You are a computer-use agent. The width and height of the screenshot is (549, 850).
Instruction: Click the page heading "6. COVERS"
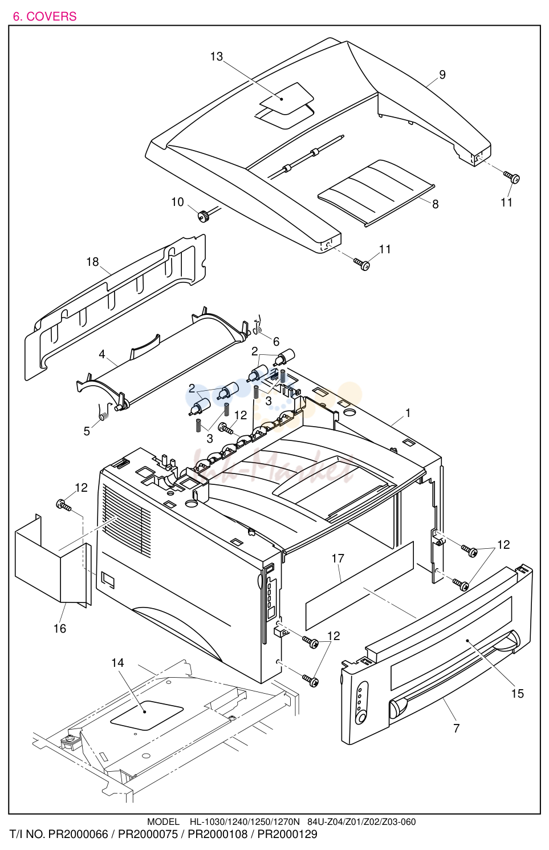click(x=44, y=17)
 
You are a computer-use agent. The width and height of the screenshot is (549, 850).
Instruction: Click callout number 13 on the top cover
click(x=217, y=56)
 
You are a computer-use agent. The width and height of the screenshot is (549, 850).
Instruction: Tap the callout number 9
click(x=442, y=75)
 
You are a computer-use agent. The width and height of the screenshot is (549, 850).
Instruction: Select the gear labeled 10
click(x=204, y=217)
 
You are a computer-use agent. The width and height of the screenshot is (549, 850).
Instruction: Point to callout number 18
click(x=92, y=262)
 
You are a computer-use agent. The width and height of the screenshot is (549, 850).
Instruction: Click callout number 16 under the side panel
click(x=60, y=629)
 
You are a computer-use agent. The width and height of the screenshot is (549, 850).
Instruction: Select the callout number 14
click(x=117, y=662)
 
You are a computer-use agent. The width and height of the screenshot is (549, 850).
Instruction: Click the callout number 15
click(x=517, y=694)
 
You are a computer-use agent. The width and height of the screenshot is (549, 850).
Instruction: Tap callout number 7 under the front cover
click(x=456, y=728)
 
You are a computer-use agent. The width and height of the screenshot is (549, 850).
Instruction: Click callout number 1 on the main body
click(x=408, y=413)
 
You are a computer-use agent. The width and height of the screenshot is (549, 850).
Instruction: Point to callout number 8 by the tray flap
click(x=435, y=205)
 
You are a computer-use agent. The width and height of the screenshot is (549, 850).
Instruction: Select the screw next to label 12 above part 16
click(x=63, y=505)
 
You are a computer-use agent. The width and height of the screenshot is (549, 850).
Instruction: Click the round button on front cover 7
click(x=362, y=718)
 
